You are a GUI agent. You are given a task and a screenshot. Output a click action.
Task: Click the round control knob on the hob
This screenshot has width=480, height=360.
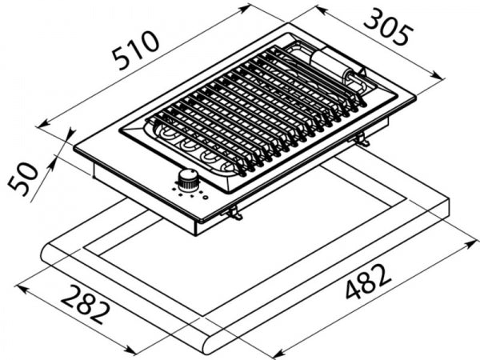(x=190, y=178)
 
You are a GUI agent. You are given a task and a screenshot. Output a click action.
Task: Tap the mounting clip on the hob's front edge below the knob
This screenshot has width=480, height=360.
(x=234, y=212)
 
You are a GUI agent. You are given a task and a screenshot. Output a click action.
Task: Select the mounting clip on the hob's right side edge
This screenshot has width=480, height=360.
(x=363, y=142)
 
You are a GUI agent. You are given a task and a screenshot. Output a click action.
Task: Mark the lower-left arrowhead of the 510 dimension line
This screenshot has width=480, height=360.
(x=42, y=125)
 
